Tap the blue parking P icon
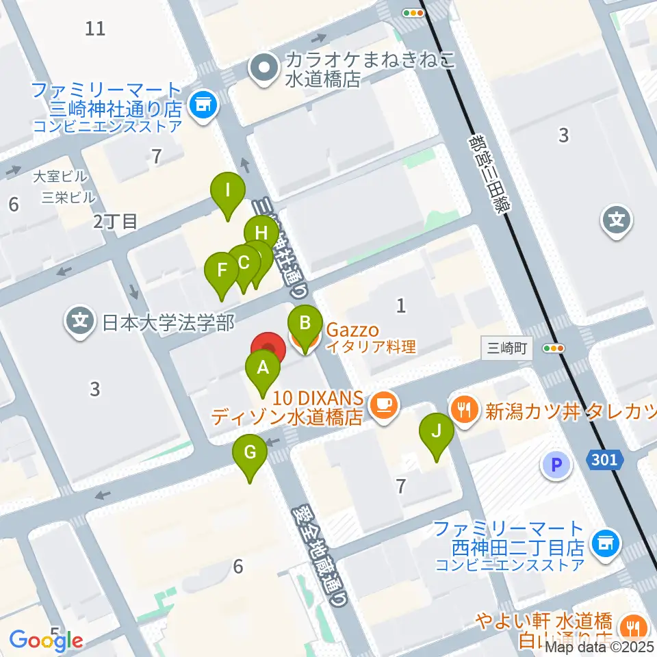click(556, 467)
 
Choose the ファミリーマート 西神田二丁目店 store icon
click(605, 543)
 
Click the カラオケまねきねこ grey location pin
click(262, 68)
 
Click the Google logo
click(47, 639)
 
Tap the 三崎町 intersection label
click(506, 348)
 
